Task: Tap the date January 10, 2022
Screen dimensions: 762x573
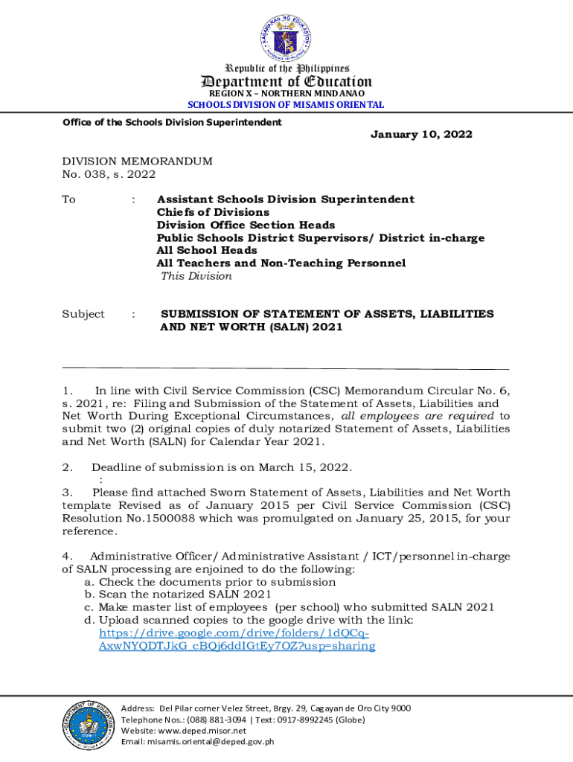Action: (421, 135)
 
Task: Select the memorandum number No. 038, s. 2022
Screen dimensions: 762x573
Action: (109, 175)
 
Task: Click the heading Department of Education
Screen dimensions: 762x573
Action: (286, 82)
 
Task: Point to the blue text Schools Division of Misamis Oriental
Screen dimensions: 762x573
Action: (286, 105)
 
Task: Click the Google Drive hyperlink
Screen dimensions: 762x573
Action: (237, 639)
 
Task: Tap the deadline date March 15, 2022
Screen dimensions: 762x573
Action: (313, 467)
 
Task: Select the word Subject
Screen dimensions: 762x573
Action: (83, 314)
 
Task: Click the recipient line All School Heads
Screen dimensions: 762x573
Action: (206, 251)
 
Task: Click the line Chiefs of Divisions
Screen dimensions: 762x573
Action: (213, 212)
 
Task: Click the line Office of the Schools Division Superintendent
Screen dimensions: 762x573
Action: (173, 123)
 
